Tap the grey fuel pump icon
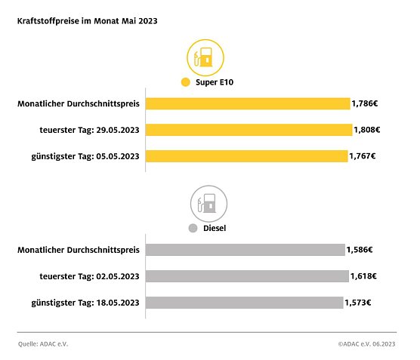208,202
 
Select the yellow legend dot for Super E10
185,83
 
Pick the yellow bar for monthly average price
247,103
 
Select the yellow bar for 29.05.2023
249,130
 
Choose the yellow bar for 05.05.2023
246,156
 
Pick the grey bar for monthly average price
245,249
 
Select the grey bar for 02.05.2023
246,276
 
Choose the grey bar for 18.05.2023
244,303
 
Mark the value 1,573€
359,303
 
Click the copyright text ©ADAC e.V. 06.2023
366,343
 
